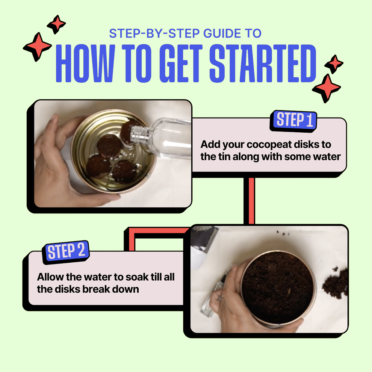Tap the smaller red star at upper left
point(56,24)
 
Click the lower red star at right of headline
point(327,88)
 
